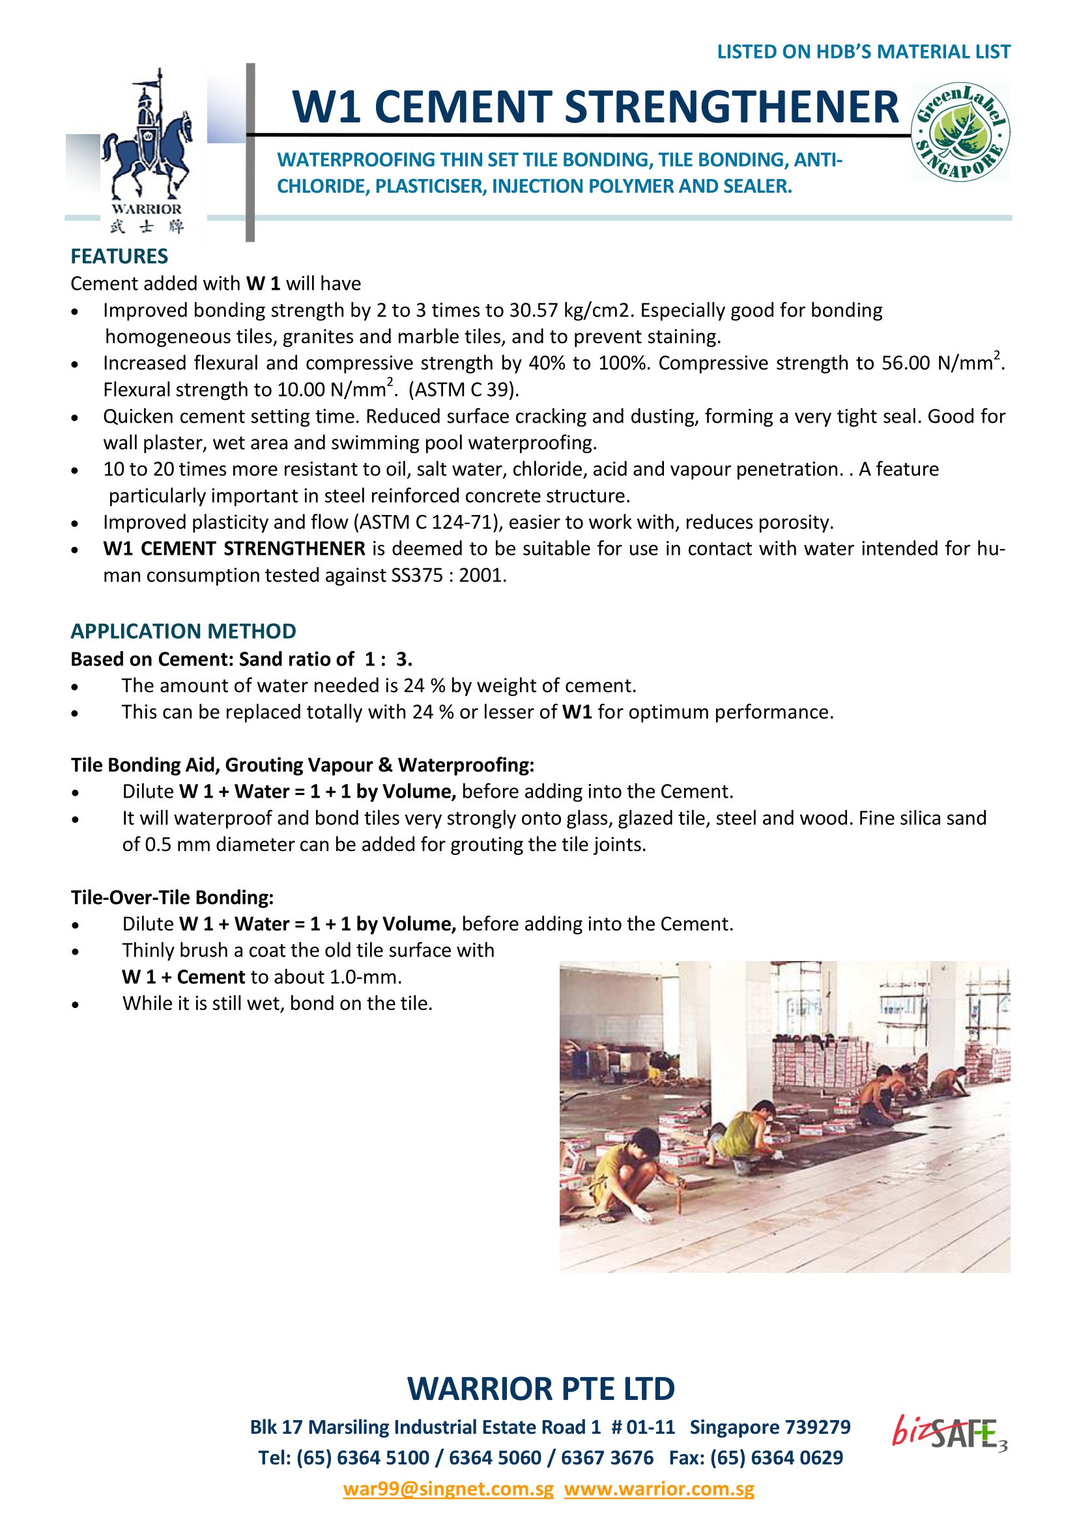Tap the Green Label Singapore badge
click(961, 133)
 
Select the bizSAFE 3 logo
click(949, 1432)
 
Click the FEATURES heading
click(119, 256)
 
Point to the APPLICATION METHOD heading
click(183, 630)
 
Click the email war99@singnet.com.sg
click(448, 1488)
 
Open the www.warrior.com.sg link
click(659, 1488)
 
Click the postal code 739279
click(817, 1427)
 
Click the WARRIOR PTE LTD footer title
click(541, 1388)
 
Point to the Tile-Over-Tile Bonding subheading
click(173, 897)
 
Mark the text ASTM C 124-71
click(427, 523)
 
